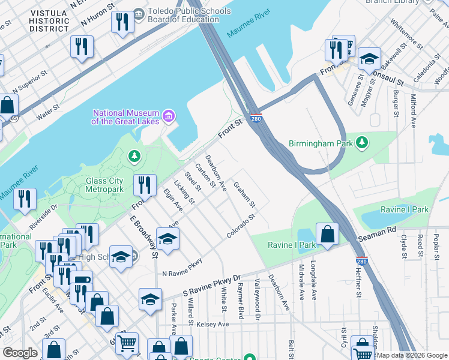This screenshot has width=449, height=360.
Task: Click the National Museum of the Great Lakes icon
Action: tap(169, 115)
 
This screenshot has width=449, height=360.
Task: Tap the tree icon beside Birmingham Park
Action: tap(361, 143)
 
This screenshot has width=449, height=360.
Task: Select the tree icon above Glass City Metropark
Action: tap(134, 157)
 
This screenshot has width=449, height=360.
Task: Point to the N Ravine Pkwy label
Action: tap(182, 269)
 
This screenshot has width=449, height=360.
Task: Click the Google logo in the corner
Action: tap(20, 353)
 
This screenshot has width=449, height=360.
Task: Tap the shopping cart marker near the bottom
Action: tap(127, 344)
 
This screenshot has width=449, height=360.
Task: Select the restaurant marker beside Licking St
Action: tap(144, 185)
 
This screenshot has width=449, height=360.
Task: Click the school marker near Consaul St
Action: tap(369, 59)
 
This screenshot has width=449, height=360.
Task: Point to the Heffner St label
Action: tap(358, 283)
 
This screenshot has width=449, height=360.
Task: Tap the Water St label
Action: tap(47, 114)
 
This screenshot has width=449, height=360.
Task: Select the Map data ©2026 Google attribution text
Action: tap(412, 355)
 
